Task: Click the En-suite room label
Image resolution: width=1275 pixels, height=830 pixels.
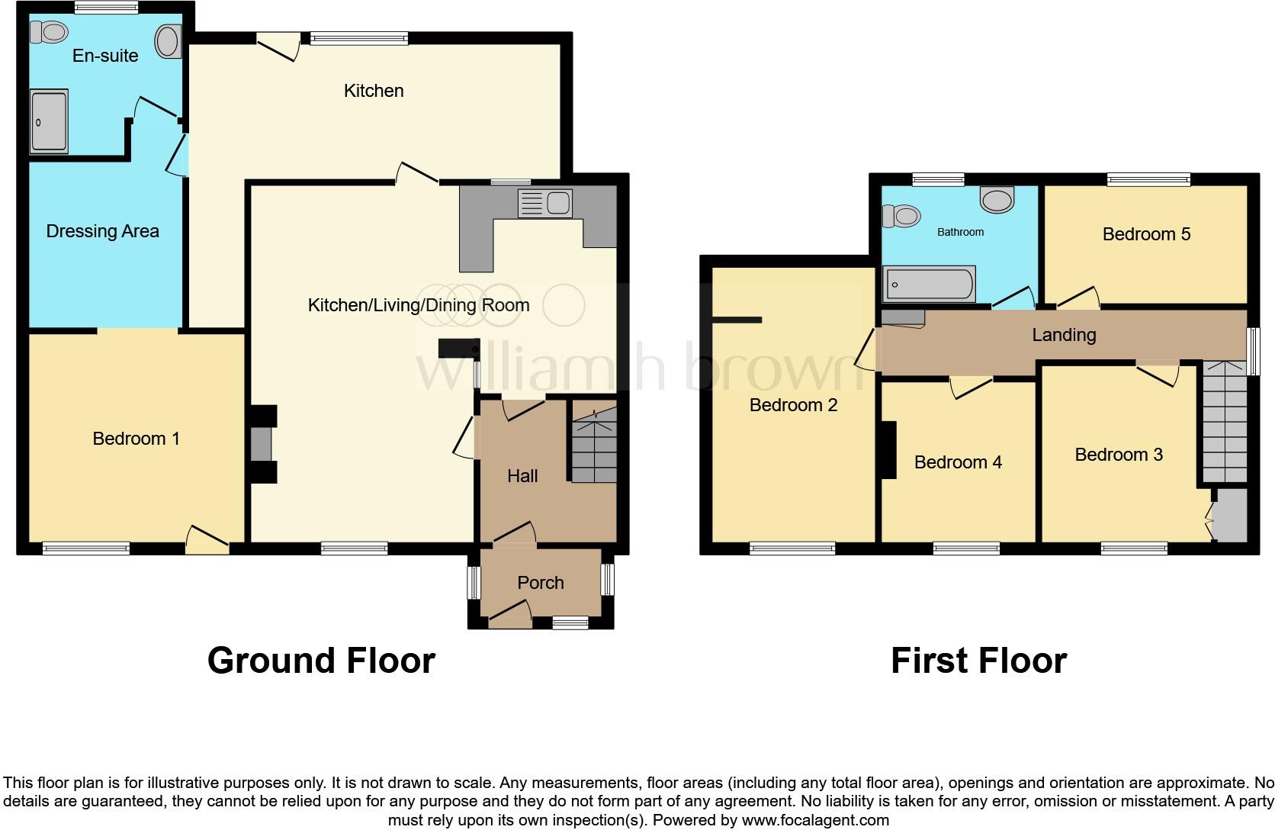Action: [105, 56]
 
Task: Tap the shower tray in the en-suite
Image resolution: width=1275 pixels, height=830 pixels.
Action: [49, 121]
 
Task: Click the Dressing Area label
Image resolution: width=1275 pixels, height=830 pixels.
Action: [102, 231]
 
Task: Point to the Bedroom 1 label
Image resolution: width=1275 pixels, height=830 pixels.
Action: [136, 439]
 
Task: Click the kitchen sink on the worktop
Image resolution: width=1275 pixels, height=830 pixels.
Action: [544, 203]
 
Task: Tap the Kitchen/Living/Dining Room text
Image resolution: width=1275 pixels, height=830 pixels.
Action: [418, 306]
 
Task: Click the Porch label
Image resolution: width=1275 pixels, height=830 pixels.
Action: [540, 583]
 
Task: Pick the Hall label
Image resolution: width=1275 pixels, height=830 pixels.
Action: [522, 476]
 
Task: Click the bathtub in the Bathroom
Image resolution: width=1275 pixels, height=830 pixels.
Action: [929, 284]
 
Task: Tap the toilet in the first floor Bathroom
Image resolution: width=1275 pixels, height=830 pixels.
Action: [901, 216]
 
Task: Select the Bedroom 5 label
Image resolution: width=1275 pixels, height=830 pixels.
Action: [1146, 234]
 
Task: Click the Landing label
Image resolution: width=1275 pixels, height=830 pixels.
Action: [1064, 335]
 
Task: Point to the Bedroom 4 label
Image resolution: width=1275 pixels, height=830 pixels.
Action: [958, 462]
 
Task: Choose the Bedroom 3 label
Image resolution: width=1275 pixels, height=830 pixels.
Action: [1118, 455]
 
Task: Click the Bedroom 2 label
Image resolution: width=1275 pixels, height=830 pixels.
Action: [793, 405]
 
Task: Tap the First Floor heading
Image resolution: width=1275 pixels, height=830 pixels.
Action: [978, 661]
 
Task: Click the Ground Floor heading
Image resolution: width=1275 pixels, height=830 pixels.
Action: [321, 661]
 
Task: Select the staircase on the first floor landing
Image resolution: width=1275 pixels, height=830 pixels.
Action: [1225, 423]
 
